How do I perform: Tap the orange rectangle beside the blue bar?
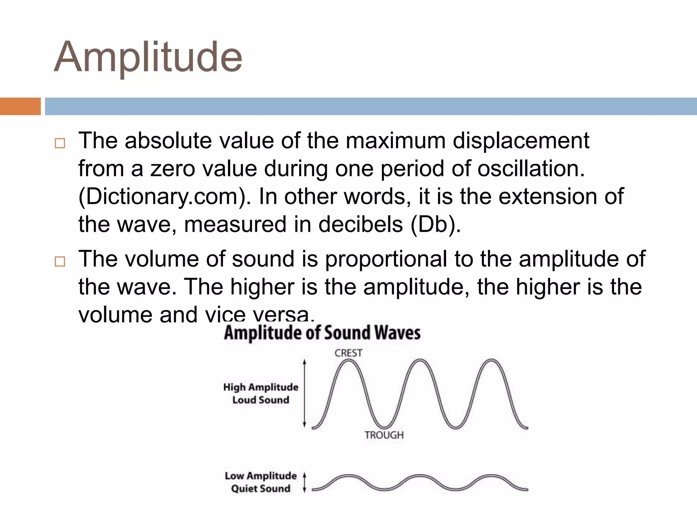tap(20, 106)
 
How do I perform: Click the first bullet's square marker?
tap(60, 143)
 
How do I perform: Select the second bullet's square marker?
tap(60, 261)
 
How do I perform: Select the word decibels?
tap(360, 225)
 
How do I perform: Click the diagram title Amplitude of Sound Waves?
tap(322, 333)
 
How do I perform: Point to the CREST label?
tap(348, 353)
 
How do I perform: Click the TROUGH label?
tap(384, 435)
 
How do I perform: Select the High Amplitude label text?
tap(261, 387)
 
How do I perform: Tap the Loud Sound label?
tap(261, 400)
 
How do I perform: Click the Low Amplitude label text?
tap(261, 476)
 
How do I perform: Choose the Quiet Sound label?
tap(261, 489)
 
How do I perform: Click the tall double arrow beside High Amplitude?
tap(305, 393)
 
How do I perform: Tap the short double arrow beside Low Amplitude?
tap(305, 482)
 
